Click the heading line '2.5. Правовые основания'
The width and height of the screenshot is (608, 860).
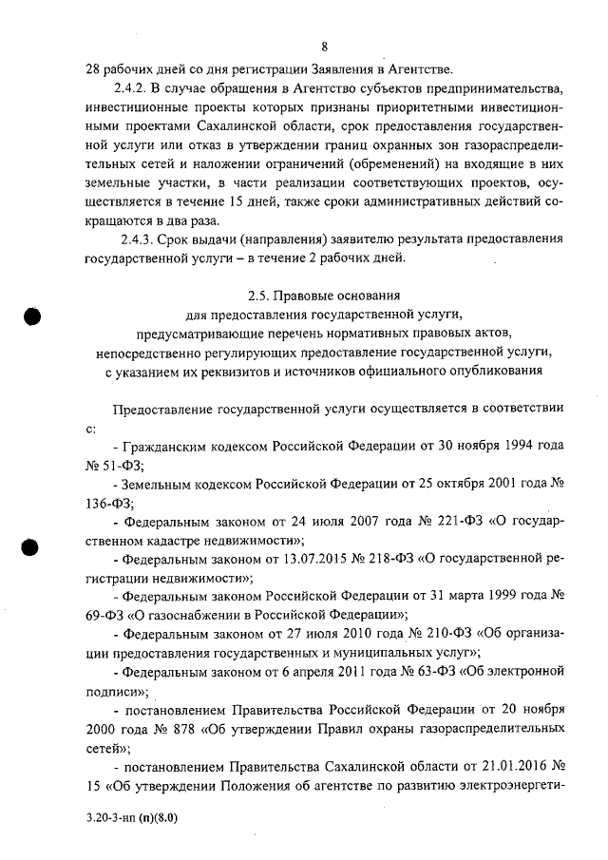[323, 295]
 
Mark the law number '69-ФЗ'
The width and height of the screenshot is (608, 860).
[105, 614]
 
